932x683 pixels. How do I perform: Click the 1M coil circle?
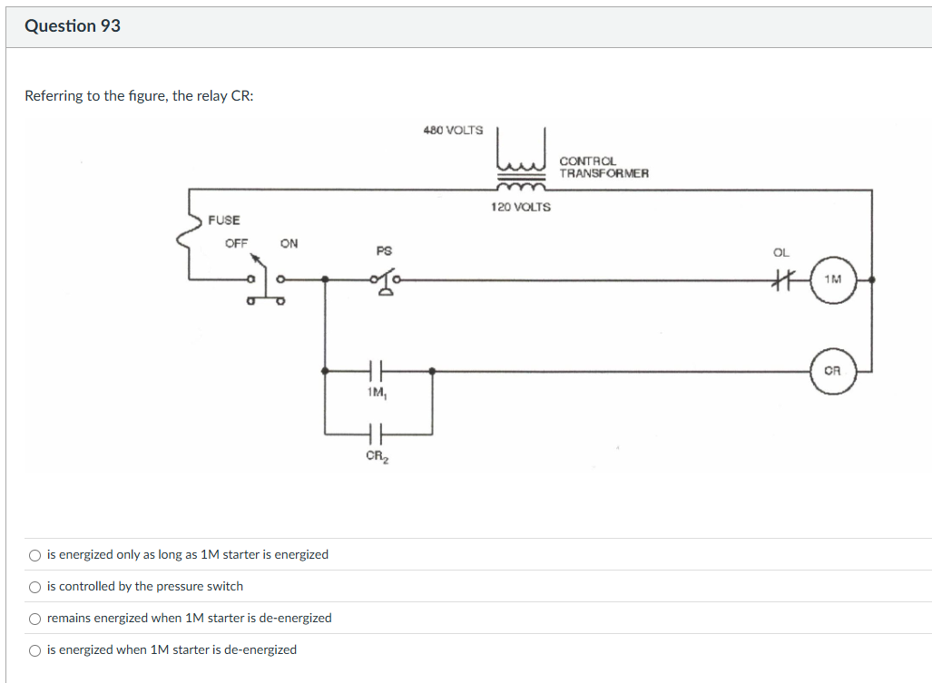(832, 280)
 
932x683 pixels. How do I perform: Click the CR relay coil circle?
(832, 371)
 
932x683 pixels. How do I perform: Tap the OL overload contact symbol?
(782, 280)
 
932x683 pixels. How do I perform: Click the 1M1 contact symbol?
(378, 371)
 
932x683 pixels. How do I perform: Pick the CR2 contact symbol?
(378, 433)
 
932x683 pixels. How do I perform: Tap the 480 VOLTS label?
(453, 131)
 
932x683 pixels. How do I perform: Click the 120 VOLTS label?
(521, 208)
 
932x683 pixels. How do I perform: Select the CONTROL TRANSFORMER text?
(603, 167)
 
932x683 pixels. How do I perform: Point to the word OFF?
(237, 243)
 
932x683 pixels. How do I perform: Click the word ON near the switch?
(289, 243)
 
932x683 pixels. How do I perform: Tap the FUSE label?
(224, 220)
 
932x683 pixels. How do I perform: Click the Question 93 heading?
(73, 26)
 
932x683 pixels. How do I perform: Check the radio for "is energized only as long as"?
(34, 555)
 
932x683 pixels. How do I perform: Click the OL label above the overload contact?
(781, 252)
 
